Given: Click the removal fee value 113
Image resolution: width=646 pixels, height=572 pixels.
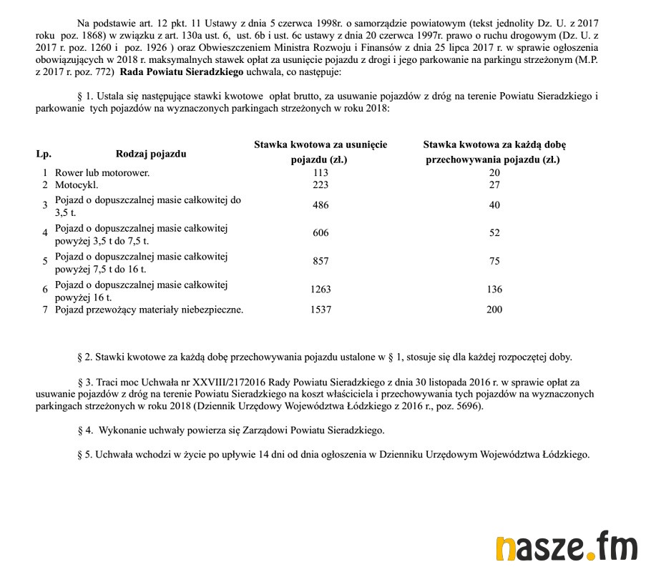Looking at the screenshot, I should click(x=320, y=172).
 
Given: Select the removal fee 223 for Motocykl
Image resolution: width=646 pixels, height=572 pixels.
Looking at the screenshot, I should click(x=320, y=185).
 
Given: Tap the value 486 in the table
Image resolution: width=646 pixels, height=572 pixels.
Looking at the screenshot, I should click(x=320, y=206).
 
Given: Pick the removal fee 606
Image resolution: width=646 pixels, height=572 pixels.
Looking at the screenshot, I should click(x=320, y=233).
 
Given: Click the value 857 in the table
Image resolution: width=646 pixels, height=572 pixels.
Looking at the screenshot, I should click(x=320, y=262).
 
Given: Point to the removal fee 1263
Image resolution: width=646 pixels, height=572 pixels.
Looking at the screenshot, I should click(x=320, y=290).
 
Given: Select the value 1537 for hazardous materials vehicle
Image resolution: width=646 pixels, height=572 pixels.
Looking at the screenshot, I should click(x=320, y=310).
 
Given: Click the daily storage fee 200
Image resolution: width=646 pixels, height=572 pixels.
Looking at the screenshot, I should click(x=494, y=310).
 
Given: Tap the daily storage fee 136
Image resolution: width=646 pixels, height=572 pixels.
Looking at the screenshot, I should click(x=494, y=290).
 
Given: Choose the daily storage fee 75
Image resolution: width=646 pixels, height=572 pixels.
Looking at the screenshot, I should click(x=494, y=262).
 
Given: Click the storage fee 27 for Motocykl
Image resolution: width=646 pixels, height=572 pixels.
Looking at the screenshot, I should click(x=494, y=185).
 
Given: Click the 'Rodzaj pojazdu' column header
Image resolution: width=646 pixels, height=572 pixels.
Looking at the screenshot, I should click(x=151, y=154).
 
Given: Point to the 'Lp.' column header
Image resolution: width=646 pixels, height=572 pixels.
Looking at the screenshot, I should click(x=44, y=154).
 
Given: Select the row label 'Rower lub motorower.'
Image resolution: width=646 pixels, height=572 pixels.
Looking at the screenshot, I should click(x=102, y=172).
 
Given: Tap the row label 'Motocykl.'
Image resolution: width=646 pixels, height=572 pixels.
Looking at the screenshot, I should click(x=77, y=185).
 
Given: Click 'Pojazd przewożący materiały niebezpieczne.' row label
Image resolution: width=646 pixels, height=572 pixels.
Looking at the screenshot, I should click(x=149, y=310).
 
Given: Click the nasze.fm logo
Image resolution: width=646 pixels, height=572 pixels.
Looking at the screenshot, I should click(x=566, y=547).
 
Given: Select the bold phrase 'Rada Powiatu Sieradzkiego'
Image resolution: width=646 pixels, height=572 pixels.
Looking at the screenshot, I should click(x=182, y=73).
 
